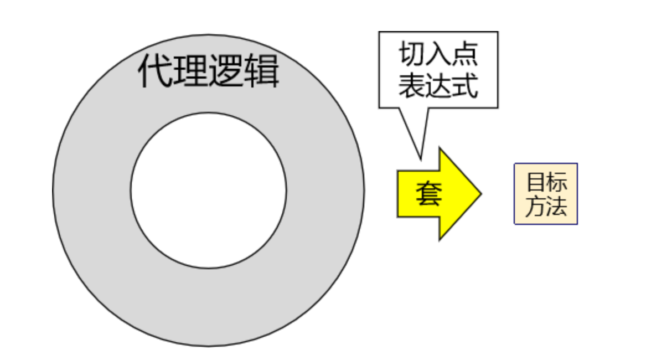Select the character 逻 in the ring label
(226, 71)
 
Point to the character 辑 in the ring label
(261, 71)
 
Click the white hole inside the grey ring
(209, 190)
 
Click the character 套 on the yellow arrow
(428, 194)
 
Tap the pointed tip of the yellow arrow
(480, 194)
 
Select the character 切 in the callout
(411, 55)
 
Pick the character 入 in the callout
(438, 55)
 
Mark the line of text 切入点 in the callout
(438, 55)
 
